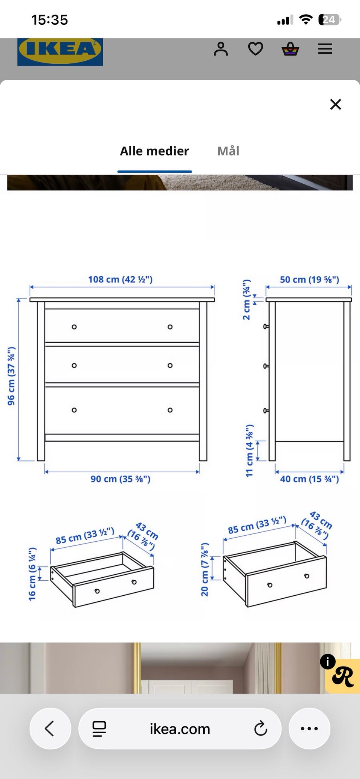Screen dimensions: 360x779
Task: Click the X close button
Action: pyautogui.click(x=336, y=104)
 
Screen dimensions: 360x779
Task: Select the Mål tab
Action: pyautogui.click(x=228, y=151)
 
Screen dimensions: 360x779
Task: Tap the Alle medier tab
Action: pyautogui.click(x=154, y=151)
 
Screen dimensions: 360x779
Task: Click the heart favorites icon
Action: pyautogui.click(x=256, y=49)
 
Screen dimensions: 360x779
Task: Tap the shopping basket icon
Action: pyautogui.click(x=291, y=49)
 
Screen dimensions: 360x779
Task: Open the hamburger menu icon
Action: pyautogui.click(x=325, y=49)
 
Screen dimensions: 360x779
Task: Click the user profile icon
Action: pyautogui.click(x=221, y=49)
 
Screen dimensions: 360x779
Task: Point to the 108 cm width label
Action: pyautogui.click(x=120, y=279)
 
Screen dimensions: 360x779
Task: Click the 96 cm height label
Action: pyautogui.click(x=11, y=376)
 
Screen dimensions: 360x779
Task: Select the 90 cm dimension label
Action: pyautogui.click(x=120, y=479)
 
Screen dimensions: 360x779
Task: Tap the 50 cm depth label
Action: pyautogui.click(x=309, y=280)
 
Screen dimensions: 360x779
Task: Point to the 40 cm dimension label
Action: pyautogui.click(x=309, y=479)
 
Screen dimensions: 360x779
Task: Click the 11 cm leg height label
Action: pyautogui.click(x=249, y=451)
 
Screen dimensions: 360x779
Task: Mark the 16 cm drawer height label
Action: pyautogui.click(x=32, y=573)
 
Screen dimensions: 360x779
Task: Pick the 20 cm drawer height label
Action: pyautogui.click(x=204, y=569)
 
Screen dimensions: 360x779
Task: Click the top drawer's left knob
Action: pyautogui.click(x=74, y=327)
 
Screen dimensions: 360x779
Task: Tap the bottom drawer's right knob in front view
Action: pyautogui.click(x=170, y=410)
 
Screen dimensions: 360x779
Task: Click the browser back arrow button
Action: pyautogui.click(x=50, y=728)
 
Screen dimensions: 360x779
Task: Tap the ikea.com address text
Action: pyautogui.click(x=180, y=729)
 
